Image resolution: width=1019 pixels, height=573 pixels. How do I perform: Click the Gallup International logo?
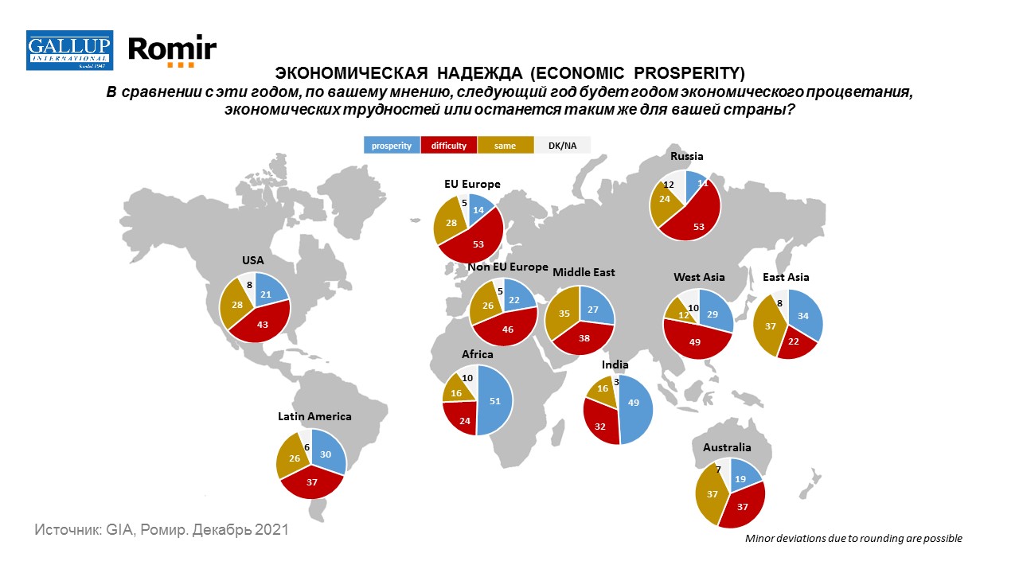[70, 50]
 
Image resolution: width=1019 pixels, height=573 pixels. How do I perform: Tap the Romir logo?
[172, 51]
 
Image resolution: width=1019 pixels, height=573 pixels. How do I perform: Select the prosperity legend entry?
[392, 146]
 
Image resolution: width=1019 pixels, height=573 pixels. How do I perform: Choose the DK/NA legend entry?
[561, 146]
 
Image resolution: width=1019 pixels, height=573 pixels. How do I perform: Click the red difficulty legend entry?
[449, 146]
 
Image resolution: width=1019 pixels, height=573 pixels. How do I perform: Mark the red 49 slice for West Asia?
[695, 341]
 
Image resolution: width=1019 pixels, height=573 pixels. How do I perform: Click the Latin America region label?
[314, 416]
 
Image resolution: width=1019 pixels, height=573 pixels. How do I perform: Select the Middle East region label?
[584, 272]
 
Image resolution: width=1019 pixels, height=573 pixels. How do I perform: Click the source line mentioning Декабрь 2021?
[161, 529]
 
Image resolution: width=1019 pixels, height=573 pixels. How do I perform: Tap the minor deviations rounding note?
[853, 539]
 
